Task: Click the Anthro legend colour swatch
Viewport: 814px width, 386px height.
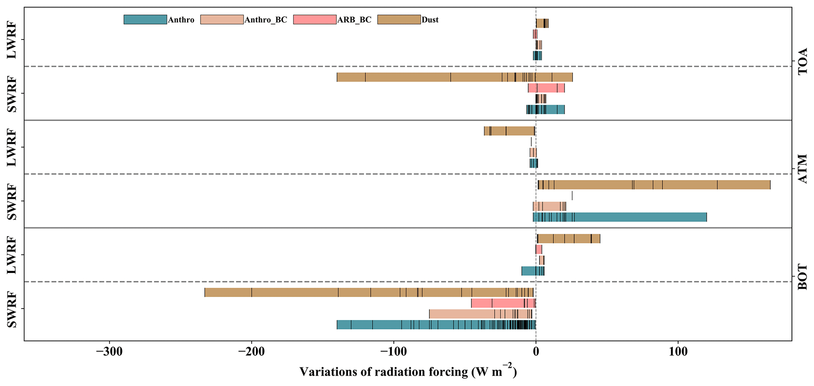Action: click(145, 20)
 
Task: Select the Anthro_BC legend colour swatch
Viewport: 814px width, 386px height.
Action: click(222, 20)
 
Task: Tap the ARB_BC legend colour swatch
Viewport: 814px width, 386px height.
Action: click(315, 20)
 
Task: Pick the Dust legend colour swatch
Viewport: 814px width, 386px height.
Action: click(399, 20)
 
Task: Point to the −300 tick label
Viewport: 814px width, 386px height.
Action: click(109, 353)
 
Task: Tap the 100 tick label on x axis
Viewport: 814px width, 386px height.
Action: click(678, 353)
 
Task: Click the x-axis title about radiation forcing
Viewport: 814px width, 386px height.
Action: click(408, 371)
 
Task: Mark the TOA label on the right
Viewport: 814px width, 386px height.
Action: click(802, 61)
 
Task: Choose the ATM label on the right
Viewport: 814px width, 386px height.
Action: click(802, 169)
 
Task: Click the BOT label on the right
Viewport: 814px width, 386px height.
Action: click(802, 277)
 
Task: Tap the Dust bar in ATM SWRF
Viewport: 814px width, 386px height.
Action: click(654, 185)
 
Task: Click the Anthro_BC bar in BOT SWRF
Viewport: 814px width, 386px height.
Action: click(480, 314)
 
